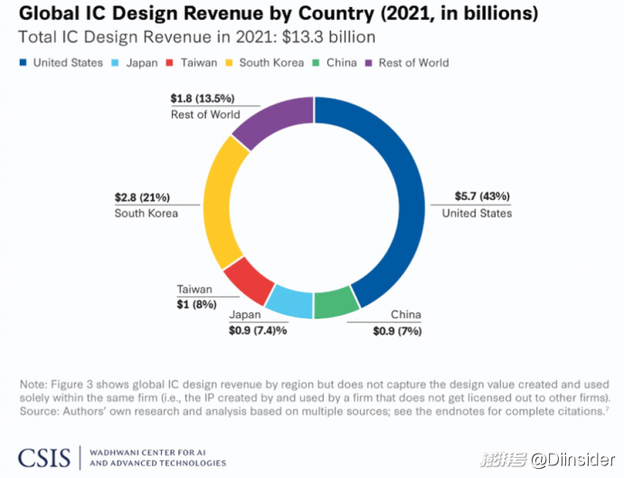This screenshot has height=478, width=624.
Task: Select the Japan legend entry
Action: (x=135, y=62)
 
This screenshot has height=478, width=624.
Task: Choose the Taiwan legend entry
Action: (x=194, y=62)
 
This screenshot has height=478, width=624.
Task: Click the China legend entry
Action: (x=336, y=62)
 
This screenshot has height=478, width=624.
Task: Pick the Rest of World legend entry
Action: (x=406, y=62)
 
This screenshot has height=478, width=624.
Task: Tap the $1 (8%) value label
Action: (x=195, y=304)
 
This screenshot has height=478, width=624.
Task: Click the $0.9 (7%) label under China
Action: (x=397, y=330)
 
